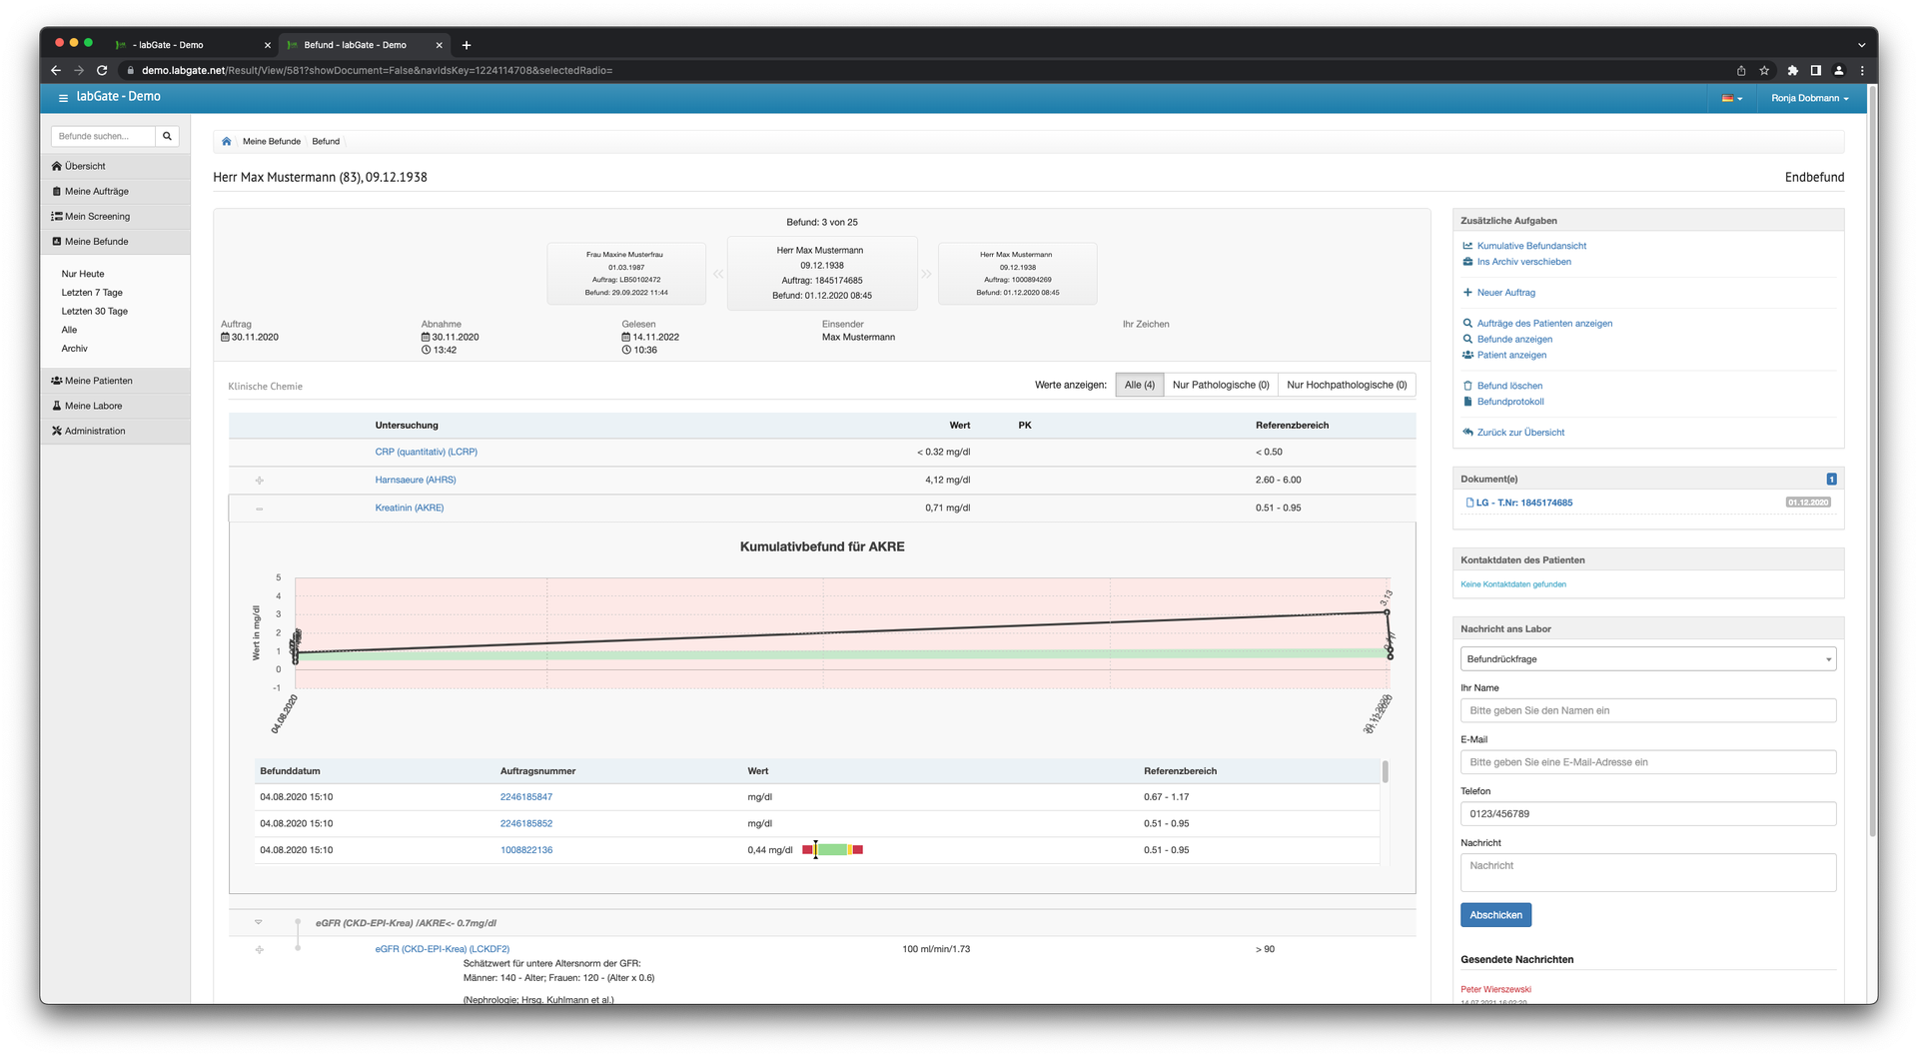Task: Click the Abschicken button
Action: click(1495, 915)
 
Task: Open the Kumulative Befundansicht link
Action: click(1530, 246)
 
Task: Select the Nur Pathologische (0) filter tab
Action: click(1220, 385)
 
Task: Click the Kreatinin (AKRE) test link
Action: click(410, 508)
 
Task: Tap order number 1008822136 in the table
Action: click(526, 850)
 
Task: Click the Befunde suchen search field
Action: click(104, 136)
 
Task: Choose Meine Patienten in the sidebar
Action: click(98, 381)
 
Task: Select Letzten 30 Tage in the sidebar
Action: click(95, 312)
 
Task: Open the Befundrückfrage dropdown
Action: click(1647, 659)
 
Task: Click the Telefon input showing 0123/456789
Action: click(1647, 814)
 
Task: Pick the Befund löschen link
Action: click(1509, 386)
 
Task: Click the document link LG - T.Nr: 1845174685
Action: click(1523, 503)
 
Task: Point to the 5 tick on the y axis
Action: click(279, 577)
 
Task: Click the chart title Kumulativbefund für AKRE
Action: click(822, 546)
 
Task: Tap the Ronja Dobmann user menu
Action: click(1809, 98)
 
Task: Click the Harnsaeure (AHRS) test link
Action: click(416, 480)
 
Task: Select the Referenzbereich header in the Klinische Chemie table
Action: click(1292, 426)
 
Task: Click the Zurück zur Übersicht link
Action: click(1519, 433)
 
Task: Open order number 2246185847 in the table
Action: click(526, 797)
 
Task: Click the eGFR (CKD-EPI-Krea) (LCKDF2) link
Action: click(443, 949)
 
